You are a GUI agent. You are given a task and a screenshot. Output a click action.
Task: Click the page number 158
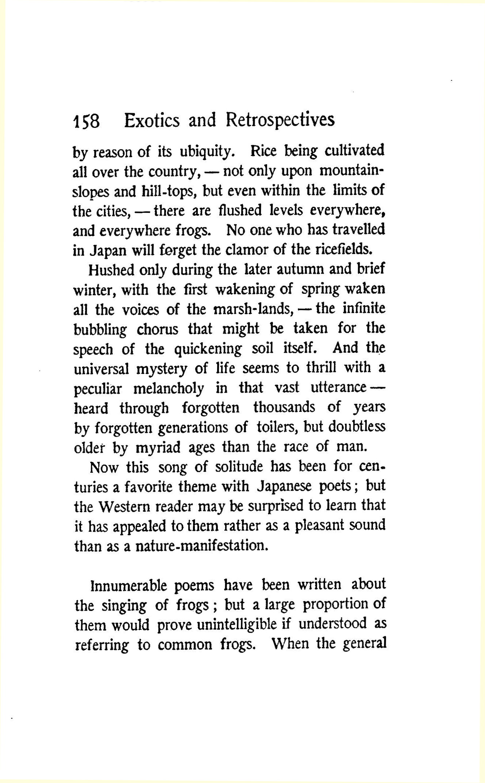86,121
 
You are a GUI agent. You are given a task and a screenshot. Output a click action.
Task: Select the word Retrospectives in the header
280,120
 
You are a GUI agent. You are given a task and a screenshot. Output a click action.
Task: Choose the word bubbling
100,330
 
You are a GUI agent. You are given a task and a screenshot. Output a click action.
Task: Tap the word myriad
158,447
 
